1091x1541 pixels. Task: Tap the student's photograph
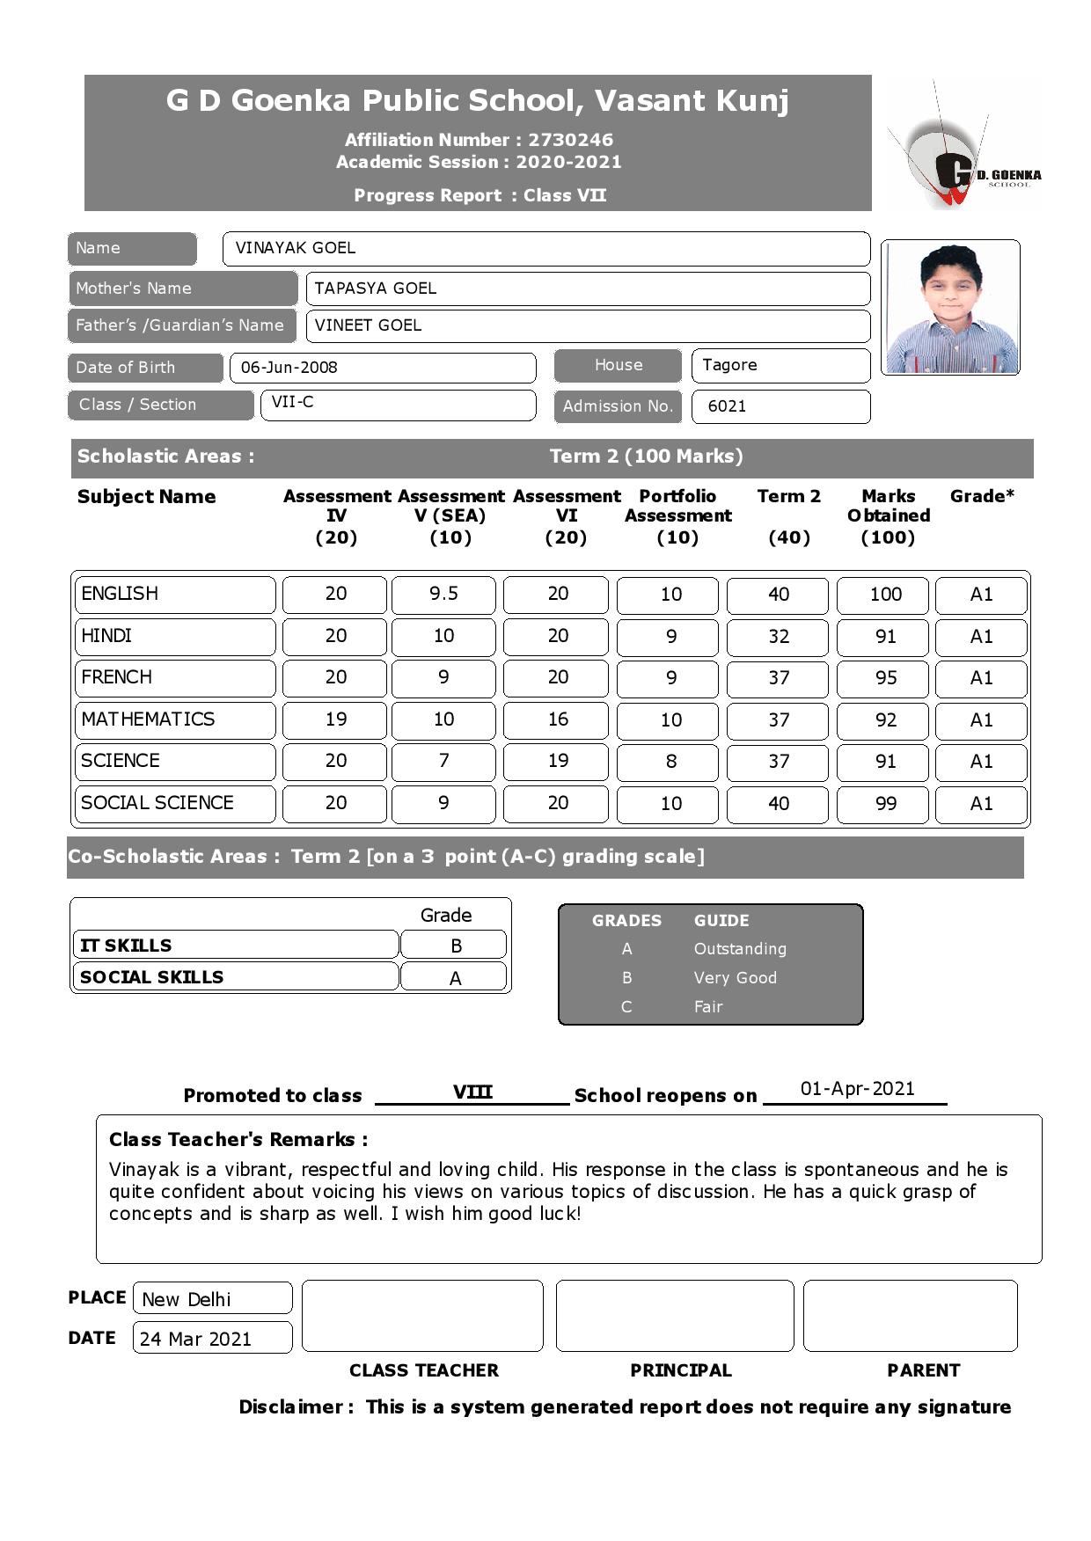(950, 307)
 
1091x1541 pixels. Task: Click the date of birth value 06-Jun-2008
(289, 368)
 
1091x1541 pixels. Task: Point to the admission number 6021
(727, 406)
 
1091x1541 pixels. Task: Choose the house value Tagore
(729, 365)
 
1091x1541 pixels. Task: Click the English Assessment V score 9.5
(443, 595)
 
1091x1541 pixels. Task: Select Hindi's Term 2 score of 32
(778, 637)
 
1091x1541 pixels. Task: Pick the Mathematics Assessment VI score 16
(557, 719)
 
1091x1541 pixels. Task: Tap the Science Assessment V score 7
(443, 762)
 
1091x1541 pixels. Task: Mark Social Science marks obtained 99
(885, 804)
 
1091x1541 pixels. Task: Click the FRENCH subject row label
(117, 677)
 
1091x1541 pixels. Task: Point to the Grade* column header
(982, 496)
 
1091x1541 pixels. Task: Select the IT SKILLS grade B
(455, 946)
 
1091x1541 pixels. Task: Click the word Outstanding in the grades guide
(740, 949)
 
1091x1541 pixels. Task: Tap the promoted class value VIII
(472, 1092)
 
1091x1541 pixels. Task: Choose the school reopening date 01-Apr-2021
(857, 1089)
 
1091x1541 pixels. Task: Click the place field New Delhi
(187, 1300)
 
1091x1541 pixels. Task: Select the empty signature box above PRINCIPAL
(674, 1316)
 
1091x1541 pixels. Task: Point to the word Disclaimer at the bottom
(295, 1407)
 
